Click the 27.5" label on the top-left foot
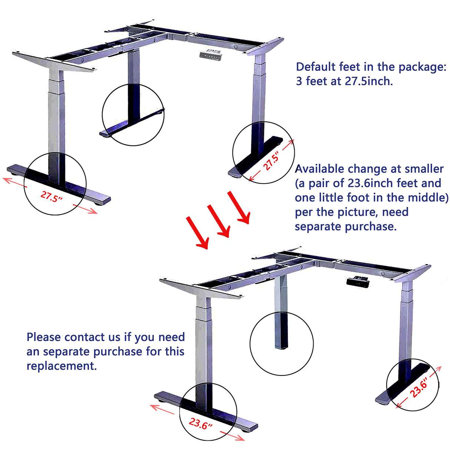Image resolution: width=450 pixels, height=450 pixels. (51, 196)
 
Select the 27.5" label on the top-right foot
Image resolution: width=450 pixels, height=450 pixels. (271, 162)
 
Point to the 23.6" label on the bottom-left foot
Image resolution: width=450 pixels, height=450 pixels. (200, 423)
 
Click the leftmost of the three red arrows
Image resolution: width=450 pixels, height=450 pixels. (197, 232)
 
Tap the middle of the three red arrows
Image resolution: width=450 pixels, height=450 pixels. (218, 221)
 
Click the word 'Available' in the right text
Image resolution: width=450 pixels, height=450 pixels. (320, 169)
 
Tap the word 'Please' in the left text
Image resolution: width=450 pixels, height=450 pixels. (44, 337)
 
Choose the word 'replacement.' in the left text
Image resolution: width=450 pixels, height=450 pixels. (62, 366)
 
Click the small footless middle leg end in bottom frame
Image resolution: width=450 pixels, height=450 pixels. (281, 345)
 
